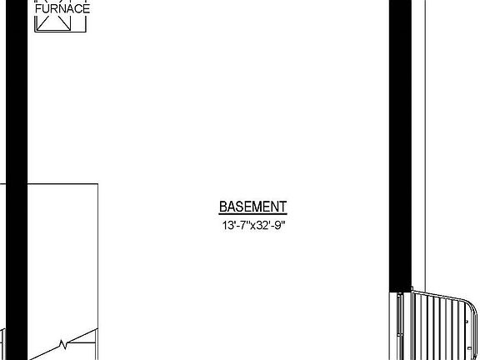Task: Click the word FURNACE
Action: pyautogui.click(x=62, y=8)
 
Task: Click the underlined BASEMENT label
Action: pyautogui.click(x=253, y=207)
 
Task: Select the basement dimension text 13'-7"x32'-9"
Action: pyautogui.click(x=253, y=226)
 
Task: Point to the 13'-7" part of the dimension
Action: pyautogui.click(x=235, y=226)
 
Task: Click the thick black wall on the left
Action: pyautogui.click(x=17, y=180)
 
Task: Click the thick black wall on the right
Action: pyautogui.click(x=400, y=146)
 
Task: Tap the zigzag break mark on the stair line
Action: pyautogui.click(x=63, y=345)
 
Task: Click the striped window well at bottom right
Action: pyautogui.click(x=444, y=326)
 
